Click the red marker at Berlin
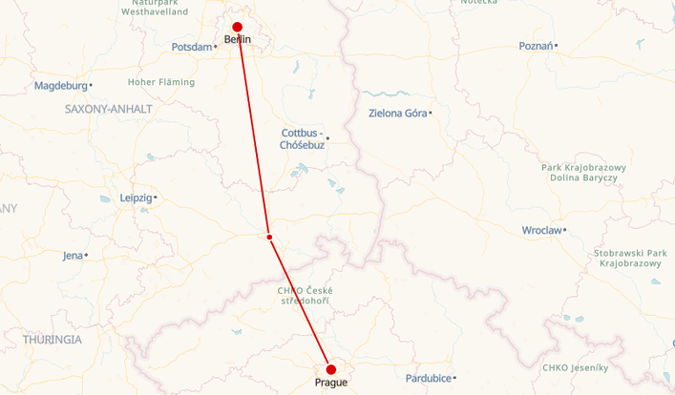238,28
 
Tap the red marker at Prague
331,369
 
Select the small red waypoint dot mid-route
270,237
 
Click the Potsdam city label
191,47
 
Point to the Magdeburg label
60,86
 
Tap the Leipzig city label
136,197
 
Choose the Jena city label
73,256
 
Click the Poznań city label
536,46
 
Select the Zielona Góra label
397,114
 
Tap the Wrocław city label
541,230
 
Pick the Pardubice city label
428,378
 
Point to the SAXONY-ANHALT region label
108,109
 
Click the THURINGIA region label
53,339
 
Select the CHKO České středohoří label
306,296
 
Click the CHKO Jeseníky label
574,367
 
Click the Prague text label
331,384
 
